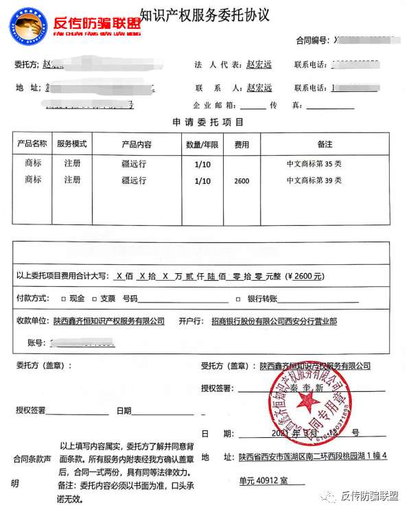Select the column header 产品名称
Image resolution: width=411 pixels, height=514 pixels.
(32, 144)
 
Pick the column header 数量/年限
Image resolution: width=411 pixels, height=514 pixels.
(202, 145)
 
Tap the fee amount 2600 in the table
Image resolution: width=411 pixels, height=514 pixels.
(242, 182)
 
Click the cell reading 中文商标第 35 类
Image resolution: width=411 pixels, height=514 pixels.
(314, 165)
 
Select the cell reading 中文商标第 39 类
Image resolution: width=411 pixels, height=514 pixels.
(314, 181)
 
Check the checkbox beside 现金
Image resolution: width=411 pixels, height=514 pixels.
(63, 299)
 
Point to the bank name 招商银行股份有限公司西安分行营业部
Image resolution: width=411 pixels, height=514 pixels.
(274, 321)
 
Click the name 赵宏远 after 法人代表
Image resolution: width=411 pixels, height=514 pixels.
(259, 65)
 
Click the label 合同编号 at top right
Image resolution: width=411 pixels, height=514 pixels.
(312, 40)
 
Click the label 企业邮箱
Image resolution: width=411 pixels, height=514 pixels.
(215, 106)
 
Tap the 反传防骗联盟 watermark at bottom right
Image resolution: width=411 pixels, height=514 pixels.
(368, 496)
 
